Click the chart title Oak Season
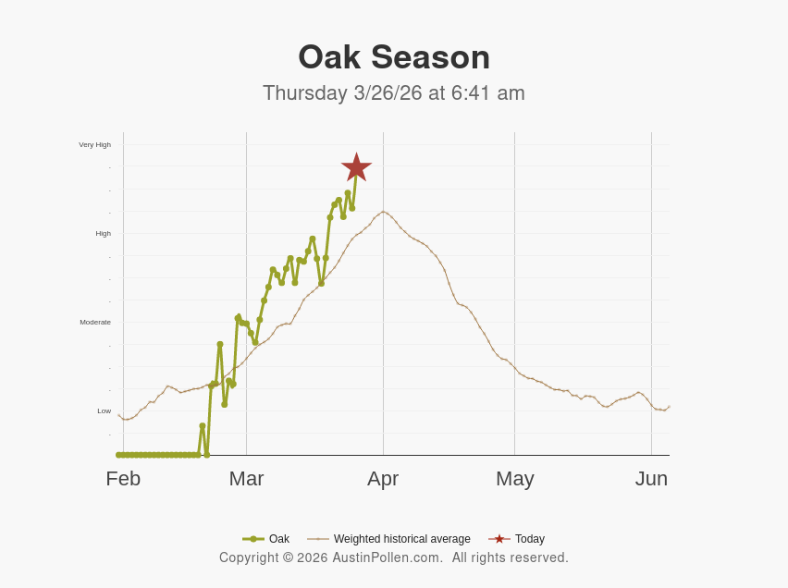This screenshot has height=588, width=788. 394,57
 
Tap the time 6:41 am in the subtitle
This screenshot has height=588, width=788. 488,93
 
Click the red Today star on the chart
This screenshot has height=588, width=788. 356,167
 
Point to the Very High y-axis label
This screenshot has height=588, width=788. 94,144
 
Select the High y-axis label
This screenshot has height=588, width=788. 103,233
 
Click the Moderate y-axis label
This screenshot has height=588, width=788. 95,322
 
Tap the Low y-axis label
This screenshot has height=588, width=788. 105,410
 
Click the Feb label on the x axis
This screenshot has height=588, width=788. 123,479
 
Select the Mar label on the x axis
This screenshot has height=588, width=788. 247,479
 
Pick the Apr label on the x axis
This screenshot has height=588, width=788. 383,479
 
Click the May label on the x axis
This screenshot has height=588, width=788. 515,479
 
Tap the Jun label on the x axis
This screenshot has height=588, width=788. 651,479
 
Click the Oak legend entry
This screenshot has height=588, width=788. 278,539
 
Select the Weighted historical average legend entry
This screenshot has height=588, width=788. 401,539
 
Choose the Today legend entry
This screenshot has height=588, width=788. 529,539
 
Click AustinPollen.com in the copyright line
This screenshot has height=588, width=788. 388,557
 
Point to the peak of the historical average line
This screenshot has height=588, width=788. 383,212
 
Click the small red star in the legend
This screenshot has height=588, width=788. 499,539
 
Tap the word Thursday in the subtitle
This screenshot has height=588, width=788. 305,93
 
